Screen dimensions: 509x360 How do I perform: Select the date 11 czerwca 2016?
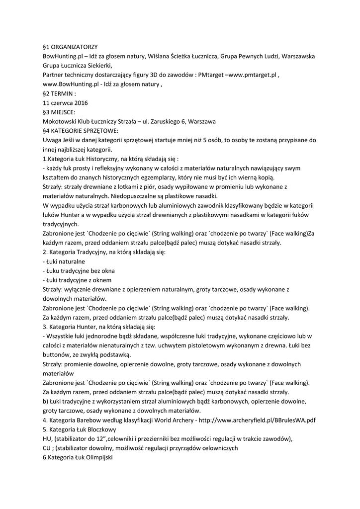click(x=65, y=102)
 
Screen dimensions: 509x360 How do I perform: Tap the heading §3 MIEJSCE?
click(x=59, y=112)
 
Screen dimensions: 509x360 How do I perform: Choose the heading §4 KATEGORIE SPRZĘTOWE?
click(x=81, y=131)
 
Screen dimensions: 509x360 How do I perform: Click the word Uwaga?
click(x=53, y=140)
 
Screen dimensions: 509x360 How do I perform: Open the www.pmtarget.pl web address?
click(x=252, y=75)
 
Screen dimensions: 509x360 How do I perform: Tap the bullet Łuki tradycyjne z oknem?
click(x=77, y=280)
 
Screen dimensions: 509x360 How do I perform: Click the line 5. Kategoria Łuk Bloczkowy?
click(x=80, y=429)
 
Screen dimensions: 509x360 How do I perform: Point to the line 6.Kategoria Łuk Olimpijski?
click(x=78, y=457)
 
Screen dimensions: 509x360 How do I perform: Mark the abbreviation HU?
click(x=48, y=438)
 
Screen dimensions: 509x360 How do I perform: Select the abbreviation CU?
click(x=48, y=448)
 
